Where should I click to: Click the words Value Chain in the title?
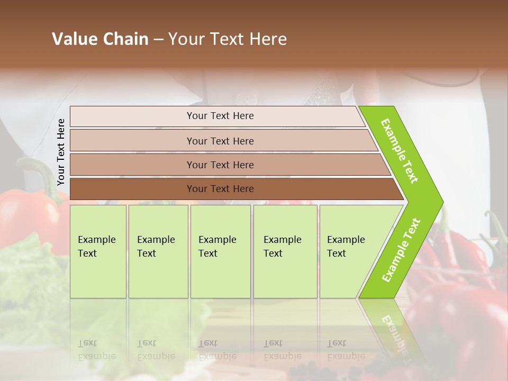[100, 39]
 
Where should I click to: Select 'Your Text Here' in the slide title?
[228, 39]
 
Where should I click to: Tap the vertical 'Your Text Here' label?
[61, 152]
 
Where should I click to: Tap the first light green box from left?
[98, 251]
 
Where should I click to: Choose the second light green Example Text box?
[158, 251]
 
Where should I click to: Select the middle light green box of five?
[220, 251]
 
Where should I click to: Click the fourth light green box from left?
[285, 251]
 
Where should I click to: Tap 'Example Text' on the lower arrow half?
[401, 250]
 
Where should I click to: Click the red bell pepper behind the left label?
[26, 217]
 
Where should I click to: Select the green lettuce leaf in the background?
[26, 275]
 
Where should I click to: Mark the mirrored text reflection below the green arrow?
[394, 333]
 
